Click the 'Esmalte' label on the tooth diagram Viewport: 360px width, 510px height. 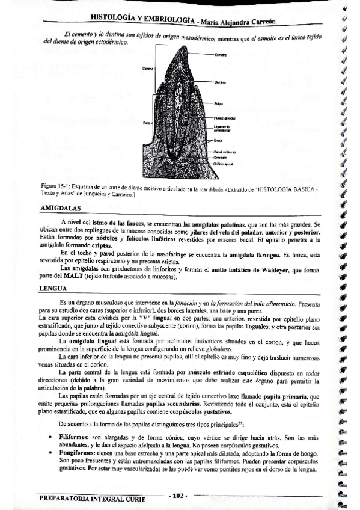[220, 55]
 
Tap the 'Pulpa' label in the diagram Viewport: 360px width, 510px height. [218, 104]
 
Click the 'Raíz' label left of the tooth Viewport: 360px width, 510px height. [146, 123]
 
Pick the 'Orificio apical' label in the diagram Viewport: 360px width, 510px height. [222, 163]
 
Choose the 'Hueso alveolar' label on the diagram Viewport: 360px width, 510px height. [224, 118]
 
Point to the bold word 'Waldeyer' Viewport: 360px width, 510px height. [275, 271]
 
